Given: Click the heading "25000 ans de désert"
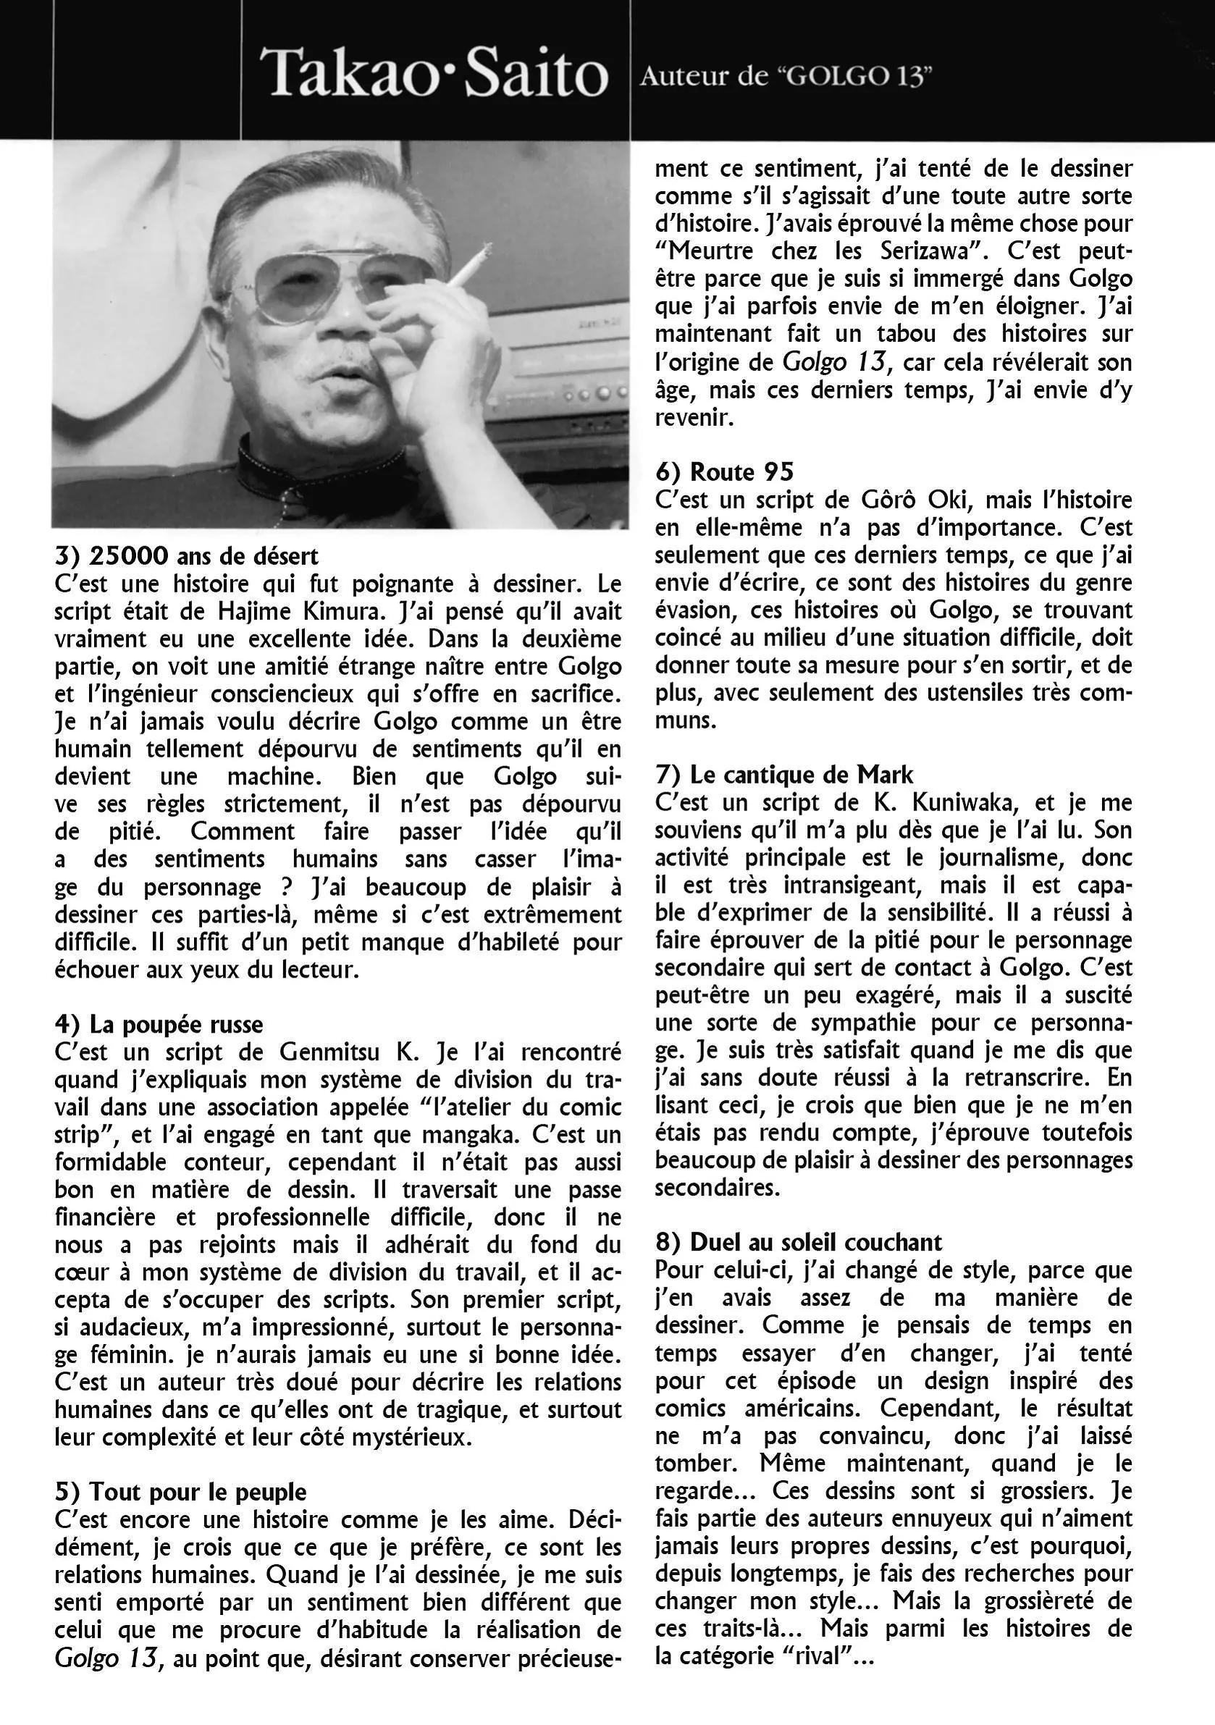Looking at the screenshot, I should [x=186, y=557].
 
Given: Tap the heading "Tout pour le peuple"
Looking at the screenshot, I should [x=180, y=1492].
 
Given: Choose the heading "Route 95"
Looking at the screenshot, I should [x=724, y=472].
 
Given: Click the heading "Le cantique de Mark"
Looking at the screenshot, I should [x=783, y=775].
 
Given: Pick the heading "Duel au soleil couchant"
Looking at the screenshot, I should [x=798, y=1243].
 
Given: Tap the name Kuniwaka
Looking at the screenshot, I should [x=964, y=802].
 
